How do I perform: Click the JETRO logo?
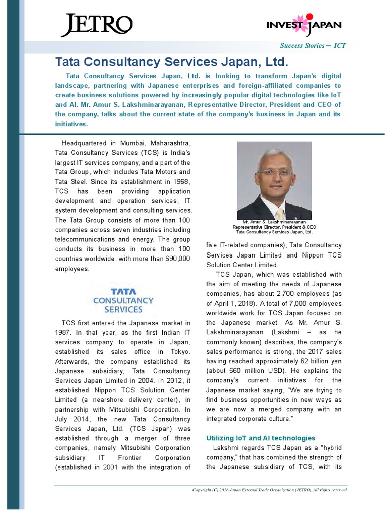[x=96, y=25]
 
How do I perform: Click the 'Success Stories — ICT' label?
[x=313, y=46]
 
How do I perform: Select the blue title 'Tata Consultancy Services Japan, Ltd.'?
[x=172, y=62]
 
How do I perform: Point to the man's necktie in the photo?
[x=279, y=209]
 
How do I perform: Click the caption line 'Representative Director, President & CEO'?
[x=274, y=227]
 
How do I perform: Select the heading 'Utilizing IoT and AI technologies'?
[x=261, y=438]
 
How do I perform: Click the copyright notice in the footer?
[x=270, y=490]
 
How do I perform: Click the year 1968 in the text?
[x=181, y=182]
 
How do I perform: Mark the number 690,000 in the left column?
[x=176, y=259]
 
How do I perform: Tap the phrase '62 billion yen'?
[x=319, y=361]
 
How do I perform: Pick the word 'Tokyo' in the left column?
[x=180, y=351]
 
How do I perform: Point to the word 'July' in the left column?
[x=63, y=418]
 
